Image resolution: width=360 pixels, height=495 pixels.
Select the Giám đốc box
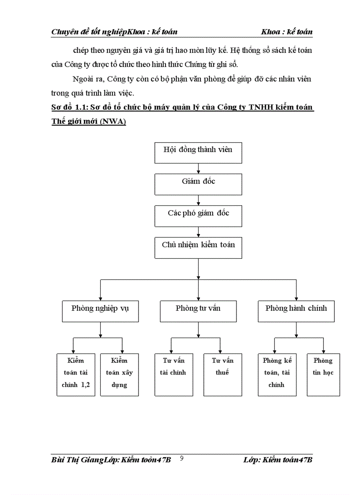coord(198,184)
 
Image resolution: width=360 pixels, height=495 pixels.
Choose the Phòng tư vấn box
coord(198,311)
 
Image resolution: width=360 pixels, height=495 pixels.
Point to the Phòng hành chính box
coord(296,311)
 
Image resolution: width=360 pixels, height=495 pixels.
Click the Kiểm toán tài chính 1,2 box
coord(76,374)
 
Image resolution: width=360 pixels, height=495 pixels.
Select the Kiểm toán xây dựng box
coord(120,374)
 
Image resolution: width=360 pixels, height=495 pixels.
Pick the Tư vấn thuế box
coord(222,374)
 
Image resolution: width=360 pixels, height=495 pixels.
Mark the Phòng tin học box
coord(323,374)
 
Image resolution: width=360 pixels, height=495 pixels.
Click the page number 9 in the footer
coord(182,459)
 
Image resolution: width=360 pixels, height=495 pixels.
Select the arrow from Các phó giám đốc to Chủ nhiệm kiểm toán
coord(198,232)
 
